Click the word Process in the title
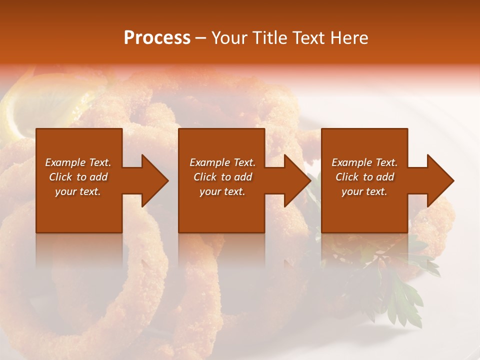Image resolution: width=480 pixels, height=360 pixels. [x=157, y=38]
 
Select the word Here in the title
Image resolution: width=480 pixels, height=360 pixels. [x=348, y=38]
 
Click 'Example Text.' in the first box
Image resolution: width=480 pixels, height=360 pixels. [x=78, y=162]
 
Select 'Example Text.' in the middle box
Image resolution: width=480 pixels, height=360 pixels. [x=222, y=162]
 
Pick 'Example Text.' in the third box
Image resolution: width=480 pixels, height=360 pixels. [x=364, y=162]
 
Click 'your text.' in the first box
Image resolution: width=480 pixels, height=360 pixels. [x=78, y=191]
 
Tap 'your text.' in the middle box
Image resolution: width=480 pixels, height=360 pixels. [x=222, y=191]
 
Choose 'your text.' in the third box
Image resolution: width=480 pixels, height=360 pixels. [x=364, y=191]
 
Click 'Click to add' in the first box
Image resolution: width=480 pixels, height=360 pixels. [x=78, y=177]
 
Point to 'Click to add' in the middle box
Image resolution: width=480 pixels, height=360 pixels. [x=222, y=177]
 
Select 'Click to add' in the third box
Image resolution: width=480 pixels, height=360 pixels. [x=364, y=177]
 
